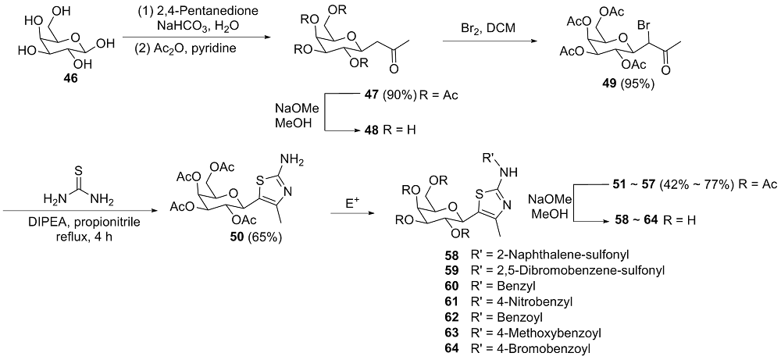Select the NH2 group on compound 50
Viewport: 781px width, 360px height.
291,159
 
